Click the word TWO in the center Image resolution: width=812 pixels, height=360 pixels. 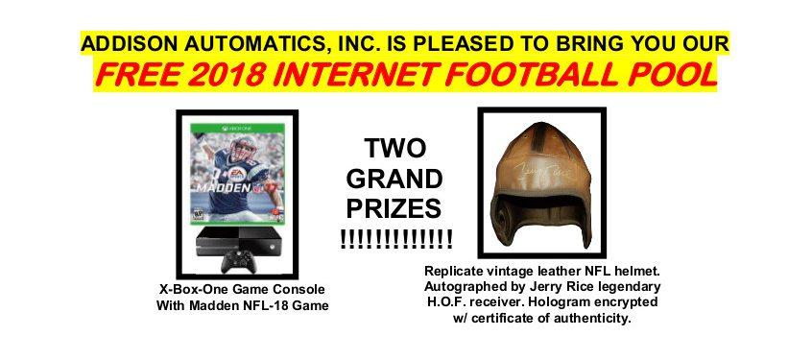pos(394,148)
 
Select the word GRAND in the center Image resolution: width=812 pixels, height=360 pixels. pos(394,180)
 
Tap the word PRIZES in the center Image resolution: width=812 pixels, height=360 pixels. pos(394,209)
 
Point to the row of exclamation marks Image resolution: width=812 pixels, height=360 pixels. pos(396,239)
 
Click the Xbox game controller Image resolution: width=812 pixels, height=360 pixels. pos(238,261)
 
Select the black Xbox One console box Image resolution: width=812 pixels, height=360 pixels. pos(238,241)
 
